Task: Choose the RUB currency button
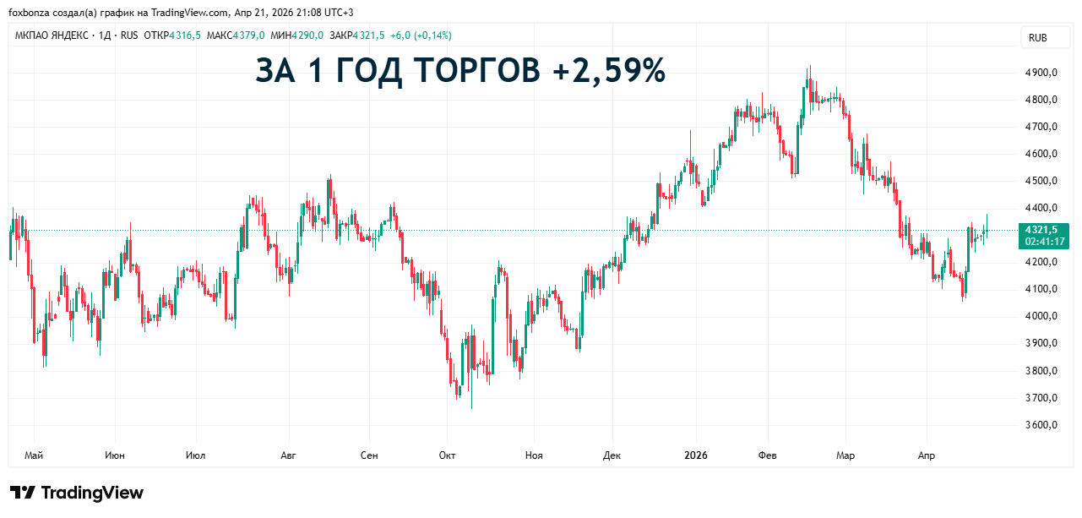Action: (1037, 38)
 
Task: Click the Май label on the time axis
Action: (34, 456)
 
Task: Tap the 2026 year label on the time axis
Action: (695, 456)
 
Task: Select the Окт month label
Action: (448, 456)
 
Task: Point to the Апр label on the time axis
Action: (927, 456)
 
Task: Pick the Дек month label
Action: (612, 456)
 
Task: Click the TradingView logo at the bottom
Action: (78, 493)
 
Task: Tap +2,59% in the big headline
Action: (609, 71)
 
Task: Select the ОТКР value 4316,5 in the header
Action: (184, 35)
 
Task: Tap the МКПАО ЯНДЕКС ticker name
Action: (52, 35)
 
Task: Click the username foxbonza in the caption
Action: (28, 13)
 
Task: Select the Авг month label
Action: (288, 456)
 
